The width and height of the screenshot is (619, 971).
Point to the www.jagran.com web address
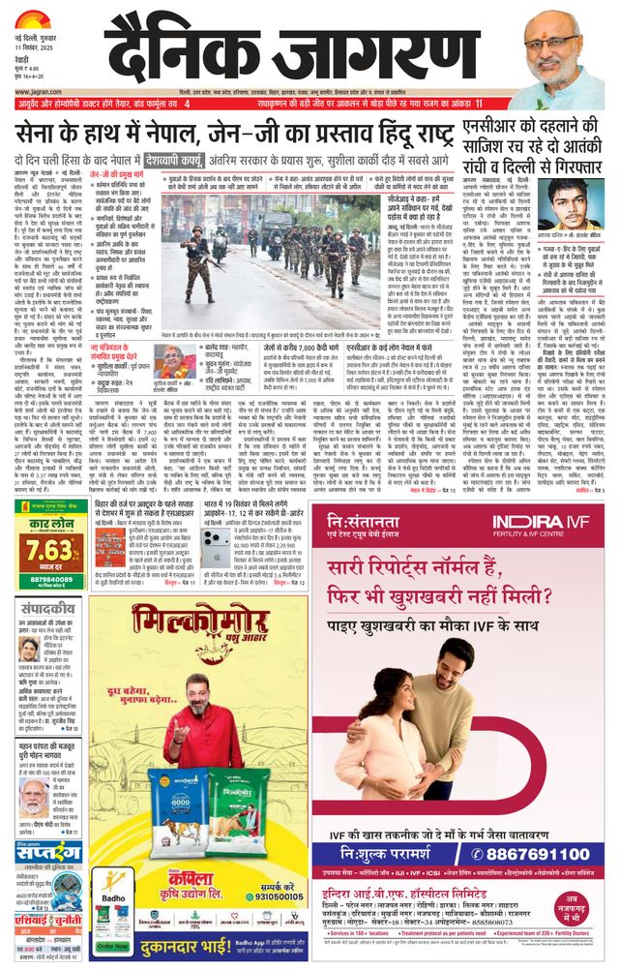(37, 88)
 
